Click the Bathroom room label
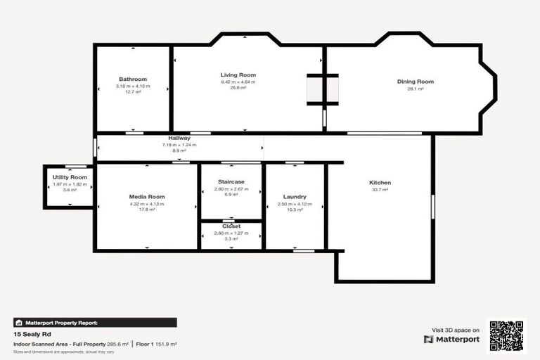(133, 79)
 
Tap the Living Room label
(238, 75)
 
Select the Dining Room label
(416, 82)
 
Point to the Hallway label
(179, 139)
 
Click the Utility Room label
(70, 177)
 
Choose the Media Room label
(147, 197)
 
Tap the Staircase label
(231, 181)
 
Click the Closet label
(231, 226)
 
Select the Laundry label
(295, 197)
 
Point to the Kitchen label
(380, 183)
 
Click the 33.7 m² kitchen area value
(380, 190)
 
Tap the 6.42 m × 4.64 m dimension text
(238, 82)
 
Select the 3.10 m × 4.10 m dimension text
(133, 86)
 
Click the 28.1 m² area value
(416, 89)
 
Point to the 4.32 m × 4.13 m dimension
(147, 204)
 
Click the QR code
(506, 336)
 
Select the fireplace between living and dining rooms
(322, 89)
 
